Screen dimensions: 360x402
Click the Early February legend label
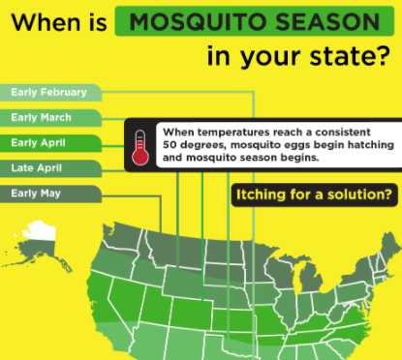48,94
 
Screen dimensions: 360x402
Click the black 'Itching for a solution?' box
314,196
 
